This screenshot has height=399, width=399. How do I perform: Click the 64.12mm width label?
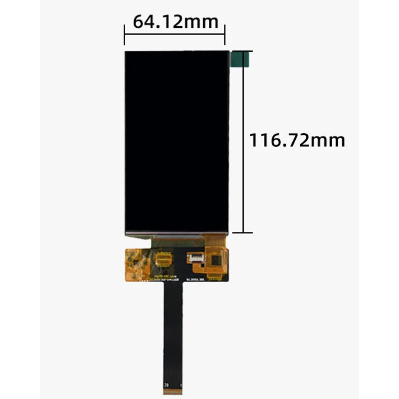(x=175, y=21)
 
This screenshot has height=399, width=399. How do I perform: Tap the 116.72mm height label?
(x=297, y=140)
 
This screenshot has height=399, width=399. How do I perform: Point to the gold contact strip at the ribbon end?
(x=173, y=390)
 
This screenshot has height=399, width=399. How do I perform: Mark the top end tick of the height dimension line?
(x=243, y=51)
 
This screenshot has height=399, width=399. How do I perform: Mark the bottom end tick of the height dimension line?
(x=243, y=232)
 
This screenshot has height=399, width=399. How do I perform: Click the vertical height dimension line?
(x=243, y=175)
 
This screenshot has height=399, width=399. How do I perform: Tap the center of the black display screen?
(x=177, y=142)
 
